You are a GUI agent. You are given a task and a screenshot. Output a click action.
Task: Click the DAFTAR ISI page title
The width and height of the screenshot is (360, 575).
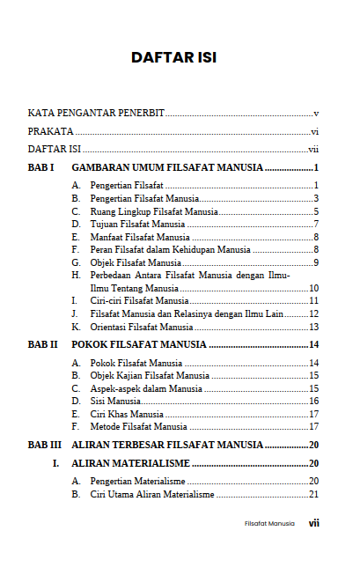(174, 58)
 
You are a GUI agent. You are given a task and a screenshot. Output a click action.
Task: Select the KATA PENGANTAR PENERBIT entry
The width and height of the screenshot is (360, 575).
(96, 114)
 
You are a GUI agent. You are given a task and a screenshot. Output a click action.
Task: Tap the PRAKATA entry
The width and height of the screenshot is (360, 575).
(50, 131)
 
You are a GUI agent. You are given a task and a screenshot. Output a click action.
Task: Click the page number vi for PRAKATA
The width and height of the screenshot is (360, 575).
(314, 131)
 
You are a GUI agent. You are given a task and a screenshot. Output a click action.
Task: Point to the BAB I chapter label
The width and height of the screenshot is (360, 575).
(41, 167)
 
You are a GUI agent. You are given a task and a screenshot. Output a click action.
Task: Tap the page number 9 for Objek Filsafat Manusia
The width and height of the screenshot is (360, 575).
(315, 263)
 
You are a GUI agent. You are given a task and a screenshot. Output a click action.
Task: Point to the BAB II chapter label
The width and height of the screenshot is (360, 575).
(43, 344)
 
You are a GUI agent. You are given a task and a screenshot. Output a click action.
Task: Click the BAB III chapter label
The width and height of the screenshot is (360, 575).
(45, 445)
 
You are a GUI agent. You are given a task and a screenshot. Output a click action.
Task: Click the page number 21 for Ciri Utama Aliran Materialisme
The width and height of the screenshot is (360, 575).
(313, 495)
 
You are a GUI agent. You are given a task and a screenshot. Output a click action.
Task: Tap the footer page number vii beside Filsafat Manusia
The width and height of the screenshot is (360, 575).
(313, 523)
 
